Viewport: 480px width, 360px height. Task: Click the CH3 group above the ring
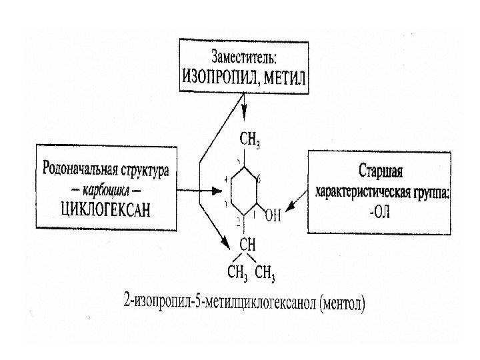tap(250, 139)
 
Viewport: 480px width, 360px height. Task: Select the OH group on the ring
tap(273, 216)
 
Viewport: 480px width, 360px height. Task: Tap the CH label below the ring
tap(248, 239)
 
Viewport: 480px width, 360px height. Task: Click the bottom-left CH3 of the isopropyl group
tap(238, 272)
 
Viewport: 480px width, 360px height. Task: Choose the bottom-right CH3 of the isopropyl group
tap(265, 272)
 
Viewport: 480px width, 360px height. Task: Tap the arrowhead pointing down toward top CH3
tap(245, 117)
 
